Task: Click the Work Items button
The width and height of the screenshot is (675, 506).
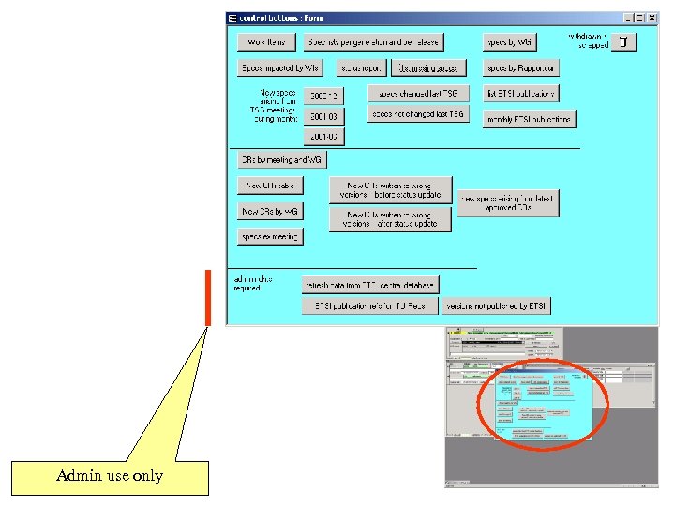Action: click(x=266, y=42)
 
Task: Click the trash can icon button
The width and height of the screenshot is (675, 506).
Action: click(x=624, y=41)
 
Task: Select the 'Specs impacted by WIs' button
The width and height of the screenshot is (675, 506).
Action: click(x=279, y=68)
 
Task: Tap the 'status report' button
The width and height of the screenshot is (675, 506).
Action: click(x=360, y=68)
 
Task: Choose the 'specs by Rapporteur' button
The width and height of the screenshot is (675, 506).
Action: click(x=521, y=68)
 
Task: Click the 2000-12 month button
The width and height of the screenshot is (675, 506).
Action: click(x=322, y=96)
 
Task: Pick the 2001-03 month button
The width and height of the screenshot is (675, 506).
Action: click(x=322, y=116)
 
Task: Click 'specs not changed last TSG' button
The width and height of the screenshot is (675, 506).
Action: click(x=417, y=114)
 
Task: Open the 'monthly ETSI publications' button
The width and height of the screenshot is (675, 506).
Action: click(x=529, y=119)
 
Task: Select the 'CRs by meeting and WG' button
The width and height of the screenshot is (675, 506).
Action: click(x=280, y=160)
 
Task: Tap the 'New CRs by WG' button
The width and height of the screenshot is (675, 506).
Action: click(x=270, y=212)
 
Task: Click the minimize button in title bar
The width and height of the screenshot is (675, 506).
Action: click(x=627, y=18)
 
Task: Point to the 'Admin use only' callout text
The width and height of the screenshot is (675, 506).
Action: click(x=110, y=476)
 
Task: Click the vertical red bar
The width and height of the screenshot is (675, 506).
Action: click(x=208, y=298)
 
